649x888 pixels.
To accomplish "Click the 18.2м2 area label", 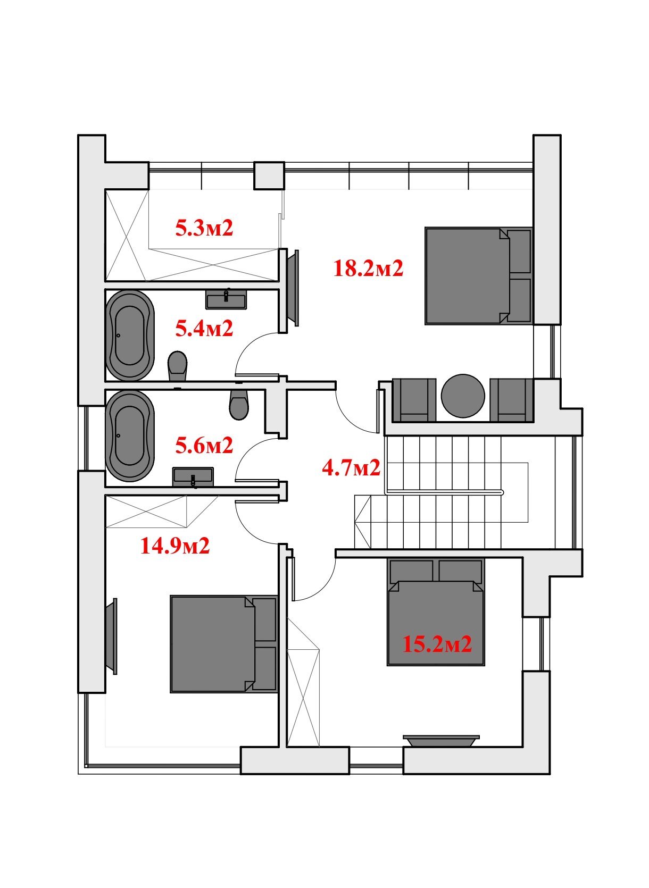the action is (x=368, y=268).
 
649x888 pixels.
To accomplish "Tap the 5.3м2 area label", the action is (x=204, y=228).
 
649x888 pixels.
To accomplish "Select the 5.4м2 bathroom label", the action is (x=204, y=328).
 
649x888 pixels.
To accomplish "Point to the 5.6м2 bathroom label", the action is (x=204, y=445).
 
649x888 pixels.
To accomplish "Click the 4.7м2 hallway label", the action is (x=351, y=467).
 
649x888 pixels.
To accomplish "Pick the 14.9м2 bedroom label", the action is (x=174, y=546).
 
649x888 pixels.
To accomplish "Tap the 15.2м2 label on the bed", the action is (x=437, y=644).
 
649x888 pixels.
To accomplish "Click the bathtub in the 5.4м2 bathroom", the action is (x=129, y=336).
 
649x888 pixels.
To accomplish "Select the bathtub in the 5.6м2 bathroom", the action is (x=129, y=435).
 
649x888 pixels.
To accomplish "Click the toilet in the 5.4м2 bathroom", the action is (x=177, y=365).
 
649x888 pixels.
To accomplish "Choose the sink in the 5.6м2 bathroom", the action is (x=193, y=477).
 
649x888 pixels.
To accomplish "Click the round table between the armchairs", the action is (x=463, y=396).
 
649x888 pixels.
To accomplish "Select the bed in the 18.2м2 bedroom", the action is (x=478, y=276).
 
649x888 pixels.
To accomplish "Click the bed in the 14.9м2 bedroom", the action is (x=223, y=644).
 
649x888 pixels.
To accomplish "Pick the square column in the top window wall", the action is (x=269, y=175).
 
